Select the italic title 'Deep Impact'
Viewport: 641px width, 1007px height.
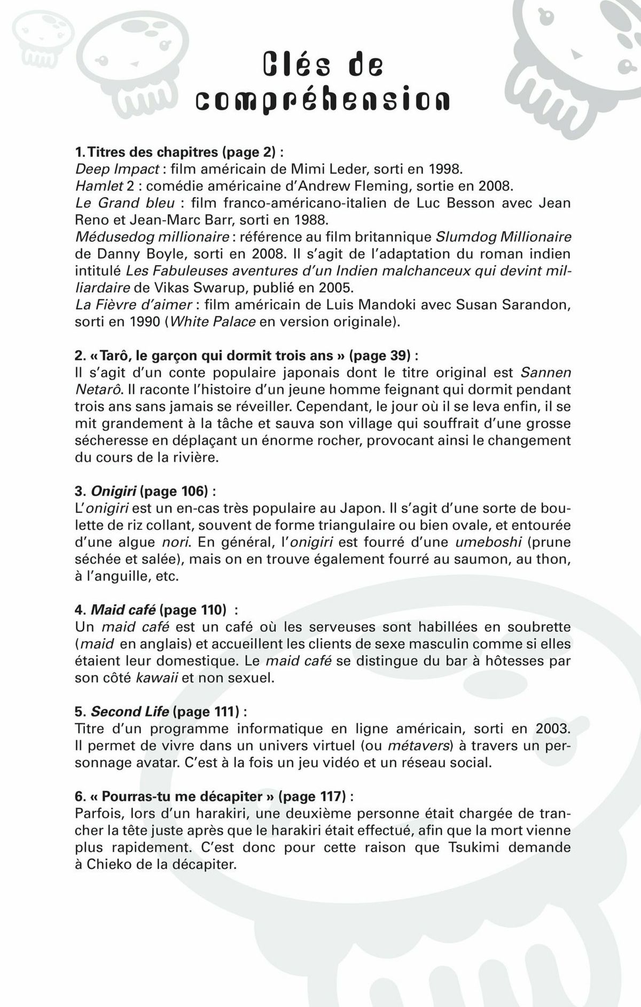tap(117, 169)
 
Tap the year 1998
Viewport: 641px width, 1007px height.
tap(444, 169)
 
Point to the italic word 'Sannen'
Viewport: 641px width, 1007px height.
tap(545, 372)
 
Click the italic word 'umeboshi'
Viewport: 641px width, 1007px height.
tap(488, 542)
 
